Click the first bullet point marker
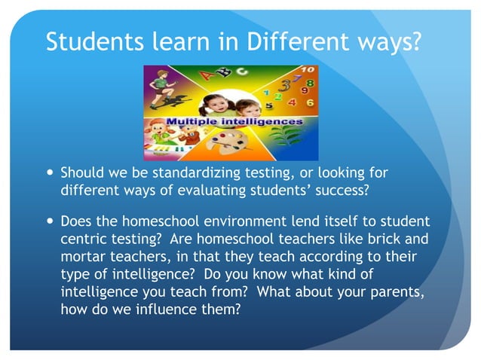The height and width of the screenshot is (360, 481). [50, 173]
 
